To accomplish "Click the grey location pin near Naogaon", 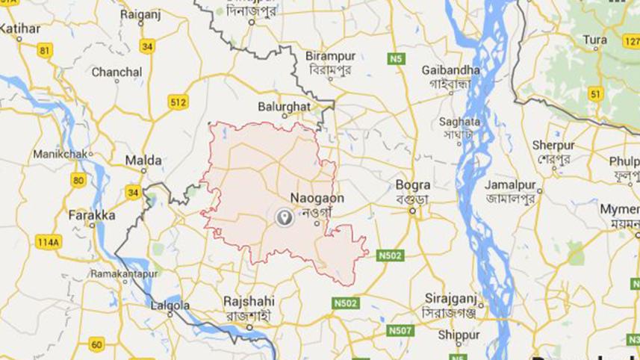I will tap(284, 217).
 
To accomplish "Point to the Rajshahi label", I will tap(249, 301).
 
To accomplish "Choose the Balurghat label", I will tap(284, 107).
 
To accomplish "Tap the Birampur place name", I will tap(330, 56).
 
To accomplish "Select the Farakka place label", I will tap(92, 215).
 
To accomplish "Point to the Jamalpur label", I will tap(512, 184).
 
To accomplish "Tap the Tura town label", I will tap(594, 39).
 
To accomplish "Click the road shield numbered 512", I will tap(178, 102).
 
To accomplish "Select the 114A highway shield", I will tap(47, 242).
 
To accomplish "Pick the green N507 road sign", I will tap(400, 330).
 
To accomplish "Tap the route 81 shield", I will tap(46, 51).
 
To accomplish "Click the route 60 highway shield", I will tap(96, 344).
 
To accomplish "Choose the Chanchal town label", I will tap(116, 72).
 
